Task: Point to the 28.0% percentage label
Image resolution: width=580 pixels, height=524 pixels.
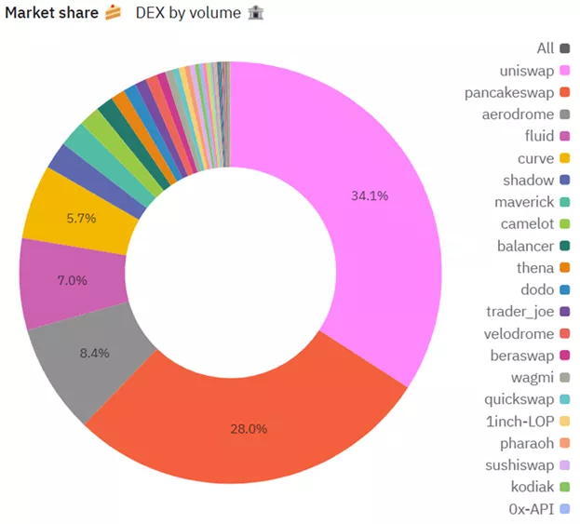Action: coord(249,429)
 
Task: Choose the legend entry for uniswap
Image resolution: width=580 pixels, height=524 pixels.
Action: coord(526,71)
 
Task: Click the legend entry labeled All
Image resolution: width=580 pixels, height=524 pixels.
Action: coord(545,48)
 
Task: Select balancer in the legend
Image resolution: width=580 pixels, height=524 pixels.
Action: coord(524,246)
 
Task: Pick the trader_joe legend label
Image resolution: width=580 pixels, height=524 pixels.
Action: coord(519,311)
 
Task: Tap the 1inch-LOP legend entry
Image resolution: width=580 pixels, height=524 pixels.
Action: coord(520,421)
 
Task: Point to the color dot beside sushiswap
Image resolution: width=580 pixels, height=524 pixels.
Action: coord(564,464)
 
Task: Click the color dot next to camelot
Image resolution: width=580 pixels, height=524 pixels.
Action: coord(564,224)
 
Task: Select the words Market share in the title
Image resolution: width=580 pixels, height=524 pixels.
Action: coord(50,13)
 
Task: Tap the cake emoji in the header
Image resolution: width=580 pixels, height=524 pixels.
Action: coord(113,13)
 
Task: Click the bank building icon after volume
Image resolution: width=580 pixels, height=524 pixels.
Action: coord(257,13)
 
